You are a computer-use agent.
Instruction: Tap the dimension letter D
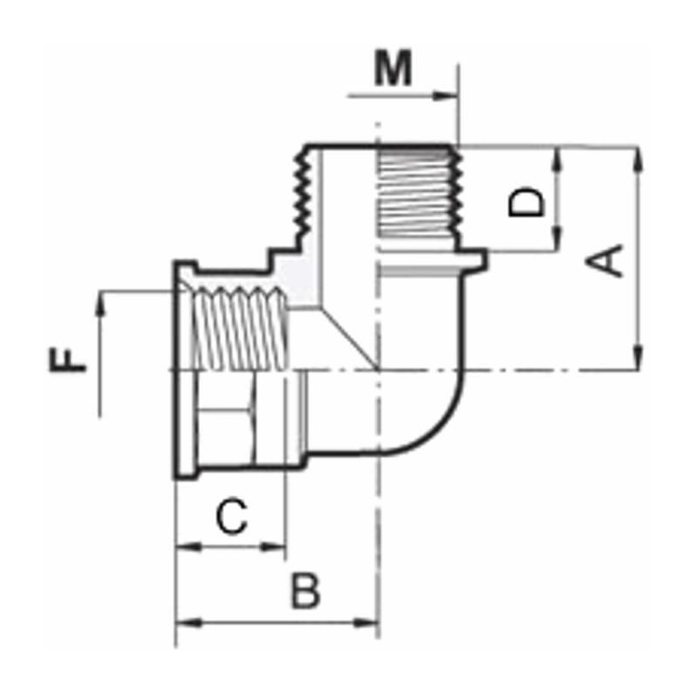(x=526, y=202)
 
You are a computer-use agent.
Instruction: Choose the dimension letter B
(x=305, y=592)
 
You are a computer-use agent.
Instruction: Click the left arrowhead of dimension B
(x=183, y=623)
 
